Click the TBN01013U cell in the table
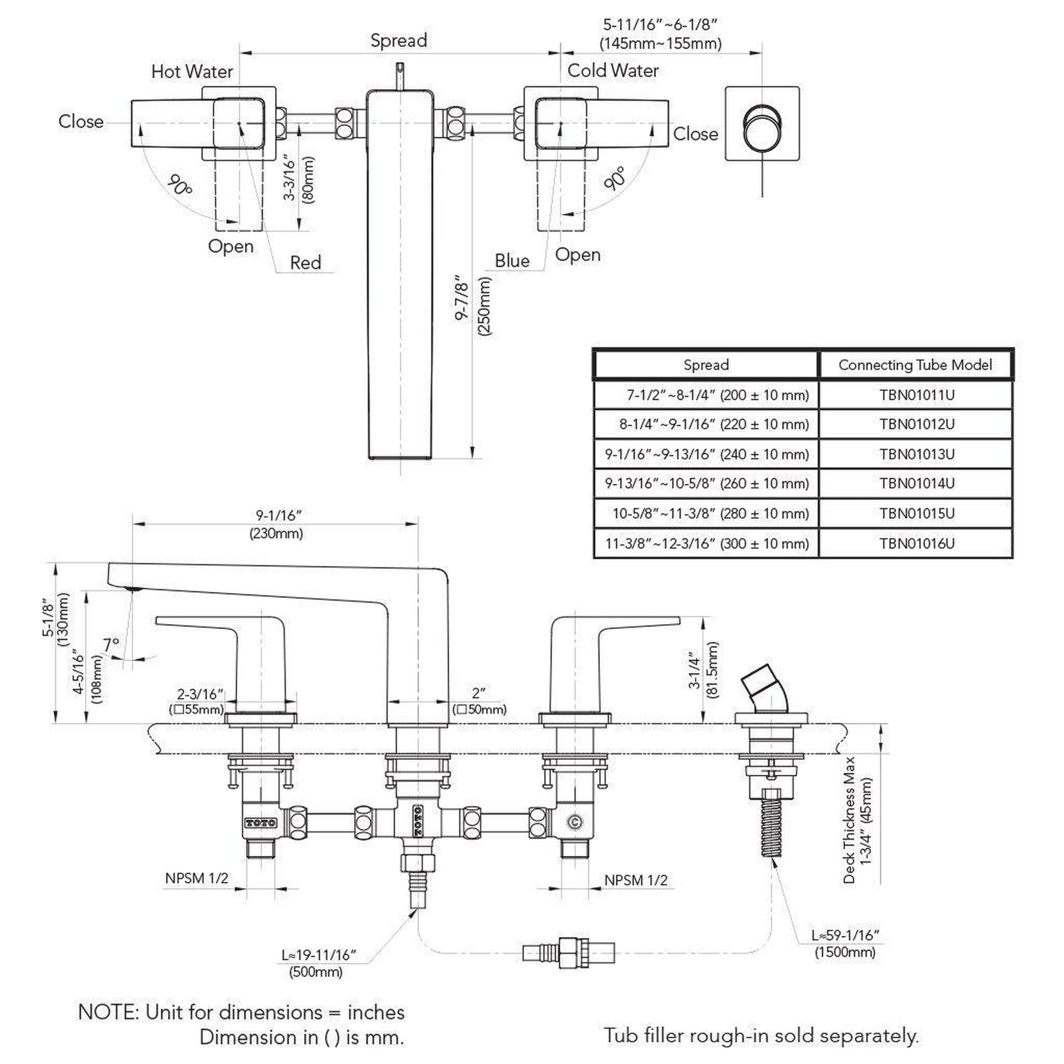[x=916, y=454]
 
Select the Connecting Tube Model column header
[x=915, y=365]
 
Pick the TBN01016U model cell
[x=916, y=543]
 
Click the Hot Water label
[x=192, y=72]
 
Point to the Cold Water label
[x=612, y=71]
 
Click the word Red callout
[x=305, y=262]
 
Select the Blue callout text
[x=512, y=260]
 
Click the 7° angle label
[x=111, y=644]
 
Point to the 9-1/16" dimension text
[x=279, y=516]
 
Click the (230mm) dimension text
[x=276, y=533]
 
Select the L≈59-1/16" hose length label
[x=845, y=935]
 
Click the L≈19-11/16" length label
[x=319, y=955]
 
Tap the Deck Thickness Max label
[x=849, y=820]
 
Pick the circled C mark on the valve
[x=575, y=822]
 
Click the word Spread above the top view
[x=398, y=40]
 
